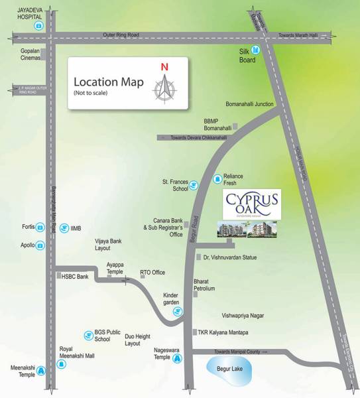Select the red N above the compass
click(164, 66)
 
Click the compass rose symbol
click(164, 87)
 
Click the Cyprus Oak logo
click(251, 203)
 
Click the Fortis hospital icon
click(40, 227)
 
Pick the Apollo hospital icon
click(40, 245)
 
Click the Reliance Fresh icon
click(216, 178)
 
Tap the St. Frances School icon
click(194, 185)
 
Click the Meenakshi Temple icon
click(40, 371)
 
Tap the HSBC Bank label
click(75, 276)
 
